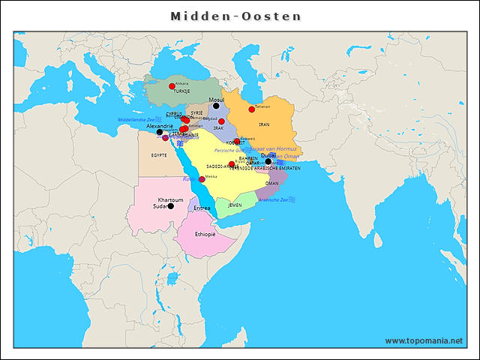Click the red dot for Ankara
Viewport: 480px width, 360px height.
click(172, 86)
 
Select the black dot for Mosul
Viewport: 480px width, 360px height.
click(216, 106)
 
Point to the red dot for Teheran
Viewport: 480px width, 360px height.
click(252, 109)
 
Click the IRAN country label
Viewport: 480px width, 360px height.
click(263, 124)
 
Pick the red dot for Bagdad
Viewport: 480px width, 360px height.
click(221, 121)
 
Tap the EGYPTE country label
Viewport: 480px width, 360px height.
click(159, 155)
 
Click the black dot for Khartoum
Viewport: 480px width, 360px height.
click(171, 205)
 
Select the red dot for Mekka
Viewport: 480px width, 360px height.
click(202, 179)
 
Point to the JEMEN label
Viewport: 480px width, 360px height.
click(235, 205)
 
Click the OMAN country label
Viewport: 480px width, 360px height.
click(272, 183)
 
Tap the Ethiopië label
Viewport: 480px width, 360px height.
click(205, 234)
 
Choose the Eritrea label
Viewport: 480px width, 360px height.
click(202, 208)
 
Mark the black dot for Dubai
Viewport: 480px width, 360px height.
click(268, 161)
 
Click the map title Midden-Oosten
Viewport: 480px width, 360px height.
click(235, 16)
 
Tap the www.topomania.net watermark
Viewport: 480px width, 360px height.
click(424, 340)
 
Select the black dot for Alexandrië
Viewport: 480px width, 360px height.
click(160, 132)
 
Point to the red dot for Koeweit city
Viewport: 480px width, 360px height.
click(237, 141)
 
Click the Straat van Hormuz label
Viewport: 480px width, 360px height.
click(275, 149)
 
